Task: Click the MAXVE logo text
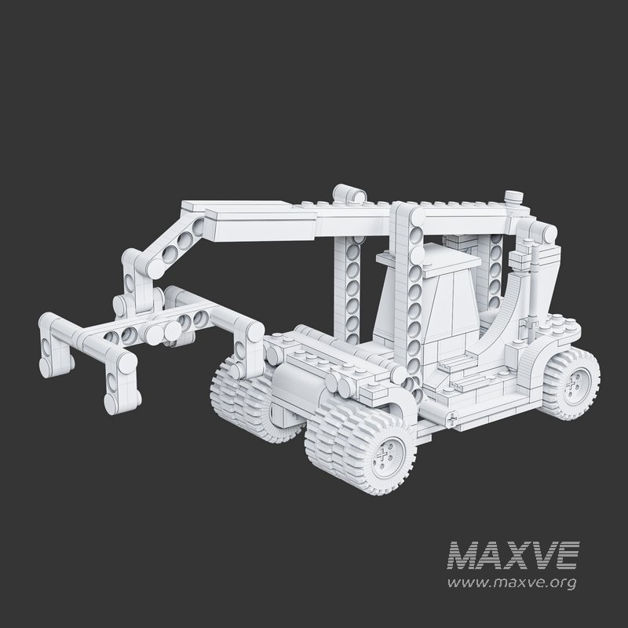513,555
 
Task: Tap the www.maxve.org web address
512,582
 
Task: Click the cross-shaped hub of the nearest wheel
385,454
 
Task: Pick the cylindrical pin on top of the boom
350,192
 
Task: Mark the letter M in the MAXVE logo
463,555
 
